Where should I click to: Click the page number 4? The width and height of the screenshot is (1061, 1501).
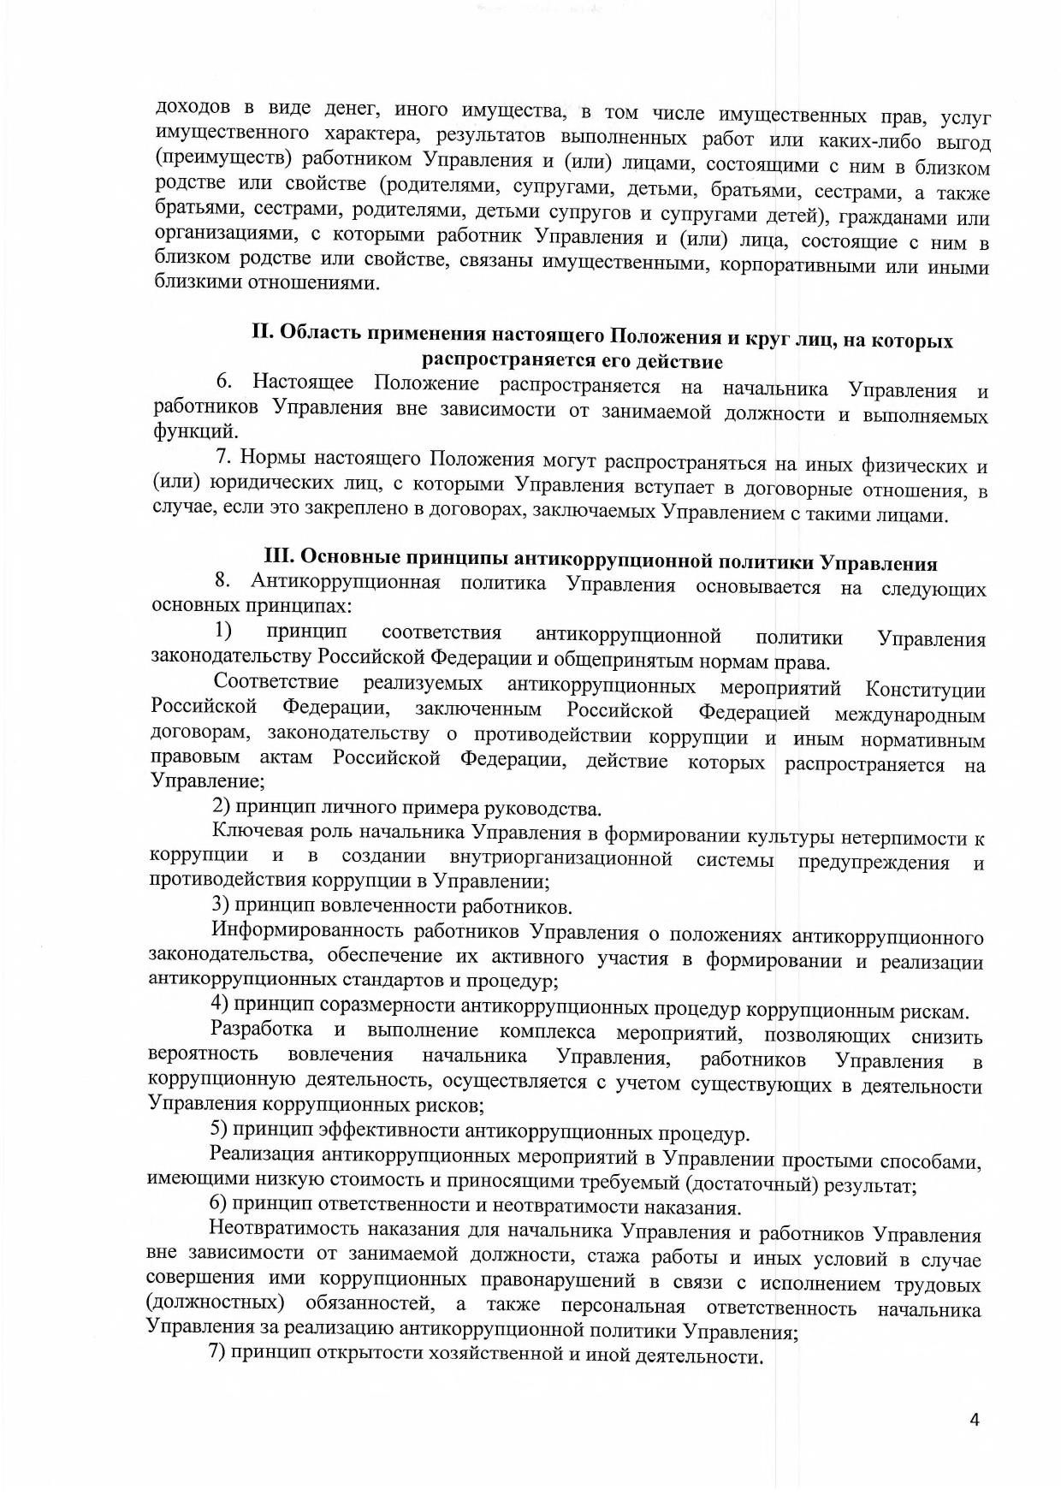(x=974, y=1420)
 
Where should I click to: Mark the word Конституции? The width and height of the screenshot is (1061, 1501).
(x=925, y=690)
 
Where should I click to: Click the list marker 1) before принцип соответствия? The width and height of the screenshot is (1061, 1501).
(x=223, y=632)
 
